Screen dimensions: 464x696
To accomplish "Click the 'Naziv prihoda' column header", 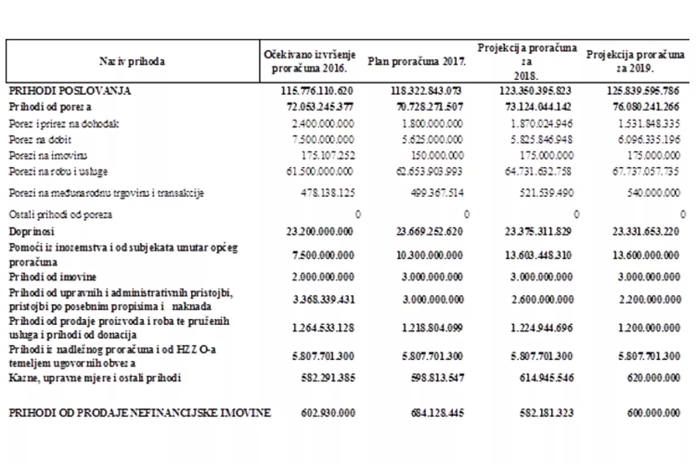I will click(132, 62).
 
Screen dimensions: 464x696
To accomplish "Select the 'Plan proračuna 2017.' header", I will click(417, 62).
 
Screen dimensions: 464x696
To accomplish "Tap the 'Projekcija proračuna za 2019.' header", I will click(635, 62).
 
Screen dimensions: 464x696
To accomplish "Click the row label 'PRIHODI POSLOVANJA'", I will click(70, 91).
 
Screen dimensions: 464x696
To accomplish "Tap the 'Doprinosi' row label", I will click(31, 231).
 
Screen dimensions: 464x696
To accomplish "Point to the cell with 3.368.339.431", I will click(323, 299).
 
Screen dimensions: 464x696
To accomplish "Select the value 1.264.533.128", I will click(323, 328).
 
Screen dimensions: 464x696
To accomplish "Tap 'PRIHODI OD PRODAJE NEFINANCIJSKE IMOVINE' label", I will click(140, 413).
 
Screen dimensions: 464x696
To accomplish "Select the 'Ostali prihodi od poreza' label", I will click(56, 214).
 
